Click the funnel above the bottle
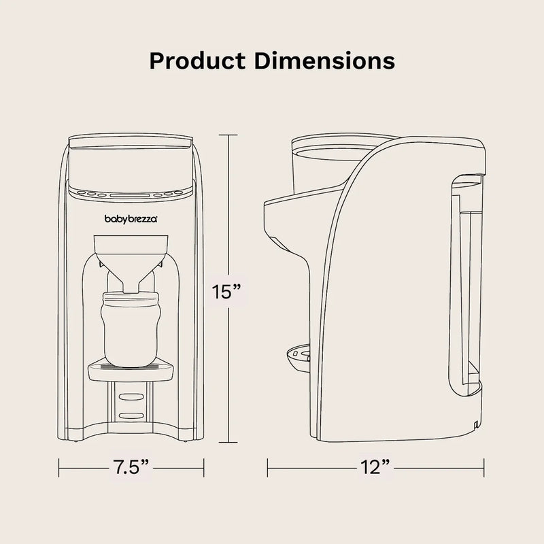[131, 255]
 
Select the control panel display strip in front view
[131, 192]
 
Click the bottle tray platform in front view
[131, 369]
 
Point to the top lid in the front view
[131, 142]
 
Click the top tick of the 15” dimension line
[228, 135]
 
